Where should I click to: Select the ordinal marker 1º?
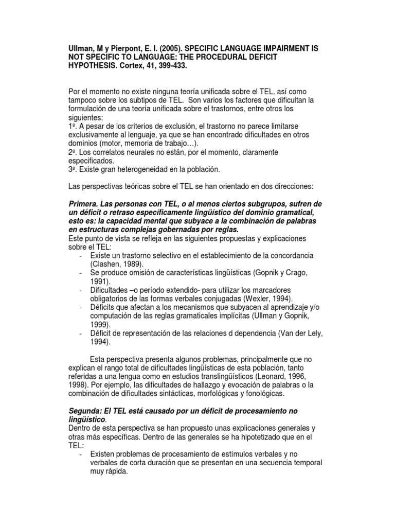point(73,127)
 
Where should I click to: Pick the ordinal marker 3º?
point(73,169)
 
